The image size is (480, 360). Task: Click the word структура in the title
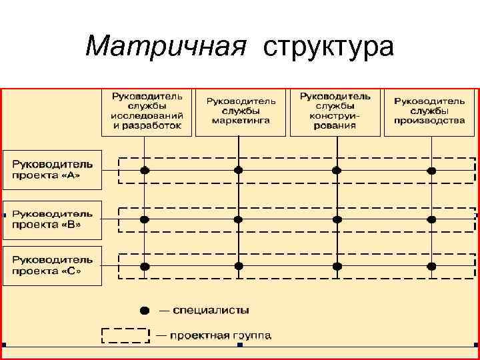click(329, 46)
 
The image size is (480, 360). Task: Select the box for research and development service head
click(147, 111)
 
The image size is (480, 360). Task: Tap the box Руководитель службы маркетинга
click(241, 111)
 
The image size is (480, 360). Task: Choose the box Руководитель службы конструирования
click(335, 111)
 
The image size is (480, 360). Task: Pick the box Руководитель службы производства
click(429, 111)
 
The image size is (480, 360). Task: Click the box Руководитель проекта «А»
click(53, 169)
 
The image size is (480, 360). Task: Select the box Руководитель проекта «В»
click(53, 219)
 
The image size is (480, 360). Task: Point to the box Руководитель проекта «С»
click(53, 266)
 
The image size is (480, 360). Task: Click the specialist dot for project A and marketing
click(239, 170)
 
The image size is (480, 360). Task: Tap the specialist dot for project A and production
click(431, 171)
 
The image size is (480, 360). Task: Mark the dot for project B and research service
click(145, 219)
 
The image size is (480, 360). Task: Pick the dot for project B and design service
click(337, 219)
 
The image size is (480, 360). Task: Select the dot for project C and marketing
click(239, 266)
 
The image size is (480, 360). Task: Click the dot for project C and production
click(431, 266)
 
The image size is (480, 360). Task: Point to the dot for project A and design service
click(337, 170)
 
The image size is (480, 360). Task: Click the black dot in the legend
click(145, 310)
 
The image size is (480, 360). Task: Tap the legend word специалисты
click(211, 310)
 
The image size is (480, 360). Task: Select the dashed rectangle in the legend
click(125, 335)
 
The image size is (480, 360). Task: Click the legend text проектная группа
click(220, 335)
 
